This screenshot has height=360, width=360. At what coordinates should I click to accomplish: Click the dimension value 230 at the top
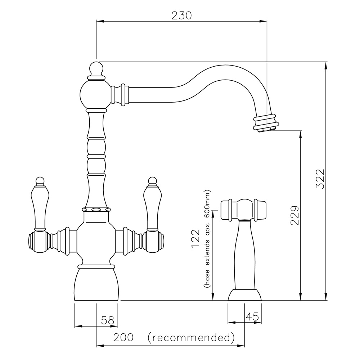click(x=181, y=15)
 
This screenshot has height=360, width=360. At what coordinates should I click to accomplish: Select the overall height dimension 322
click(x=320, y=179)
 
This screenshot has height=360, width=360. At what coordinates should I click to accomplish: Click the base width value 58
click(x=108, y=320)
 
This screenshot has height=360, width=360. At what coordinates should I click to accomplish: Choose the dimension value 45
click(x=252, y=316)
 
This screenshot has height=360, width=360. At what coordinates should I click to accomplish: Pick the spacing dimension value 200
click(x=123, y=337)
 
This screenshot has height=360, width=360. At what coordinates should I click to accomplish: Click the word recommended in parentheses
click(x=191, y=338)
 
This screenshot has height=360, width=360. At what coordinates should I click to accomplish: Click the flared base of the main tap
click(x=96, y=284)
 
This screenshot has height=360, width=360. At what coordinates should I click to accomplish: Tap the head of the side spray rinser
click(x=243, y=210)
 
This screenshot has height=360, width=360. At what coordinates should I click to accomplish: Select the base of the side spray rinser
click(x=245, y=294)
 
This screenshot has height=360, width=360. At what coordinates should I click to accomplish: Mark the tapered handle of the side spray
click(x=244, y=255)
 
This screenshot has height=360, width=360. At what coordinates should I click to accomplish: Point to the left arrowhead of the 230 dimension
click(x=100, y=21)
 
